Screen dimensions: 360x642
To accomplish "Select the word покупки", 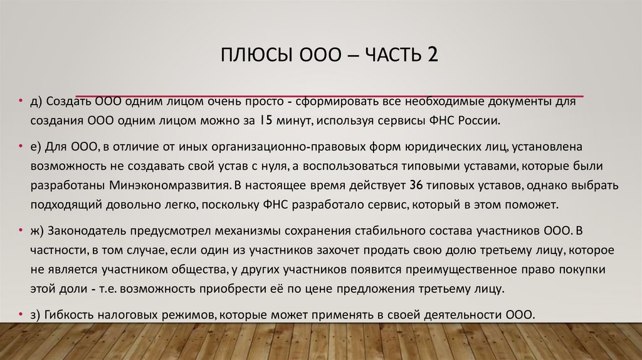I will tap(579, 270).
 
